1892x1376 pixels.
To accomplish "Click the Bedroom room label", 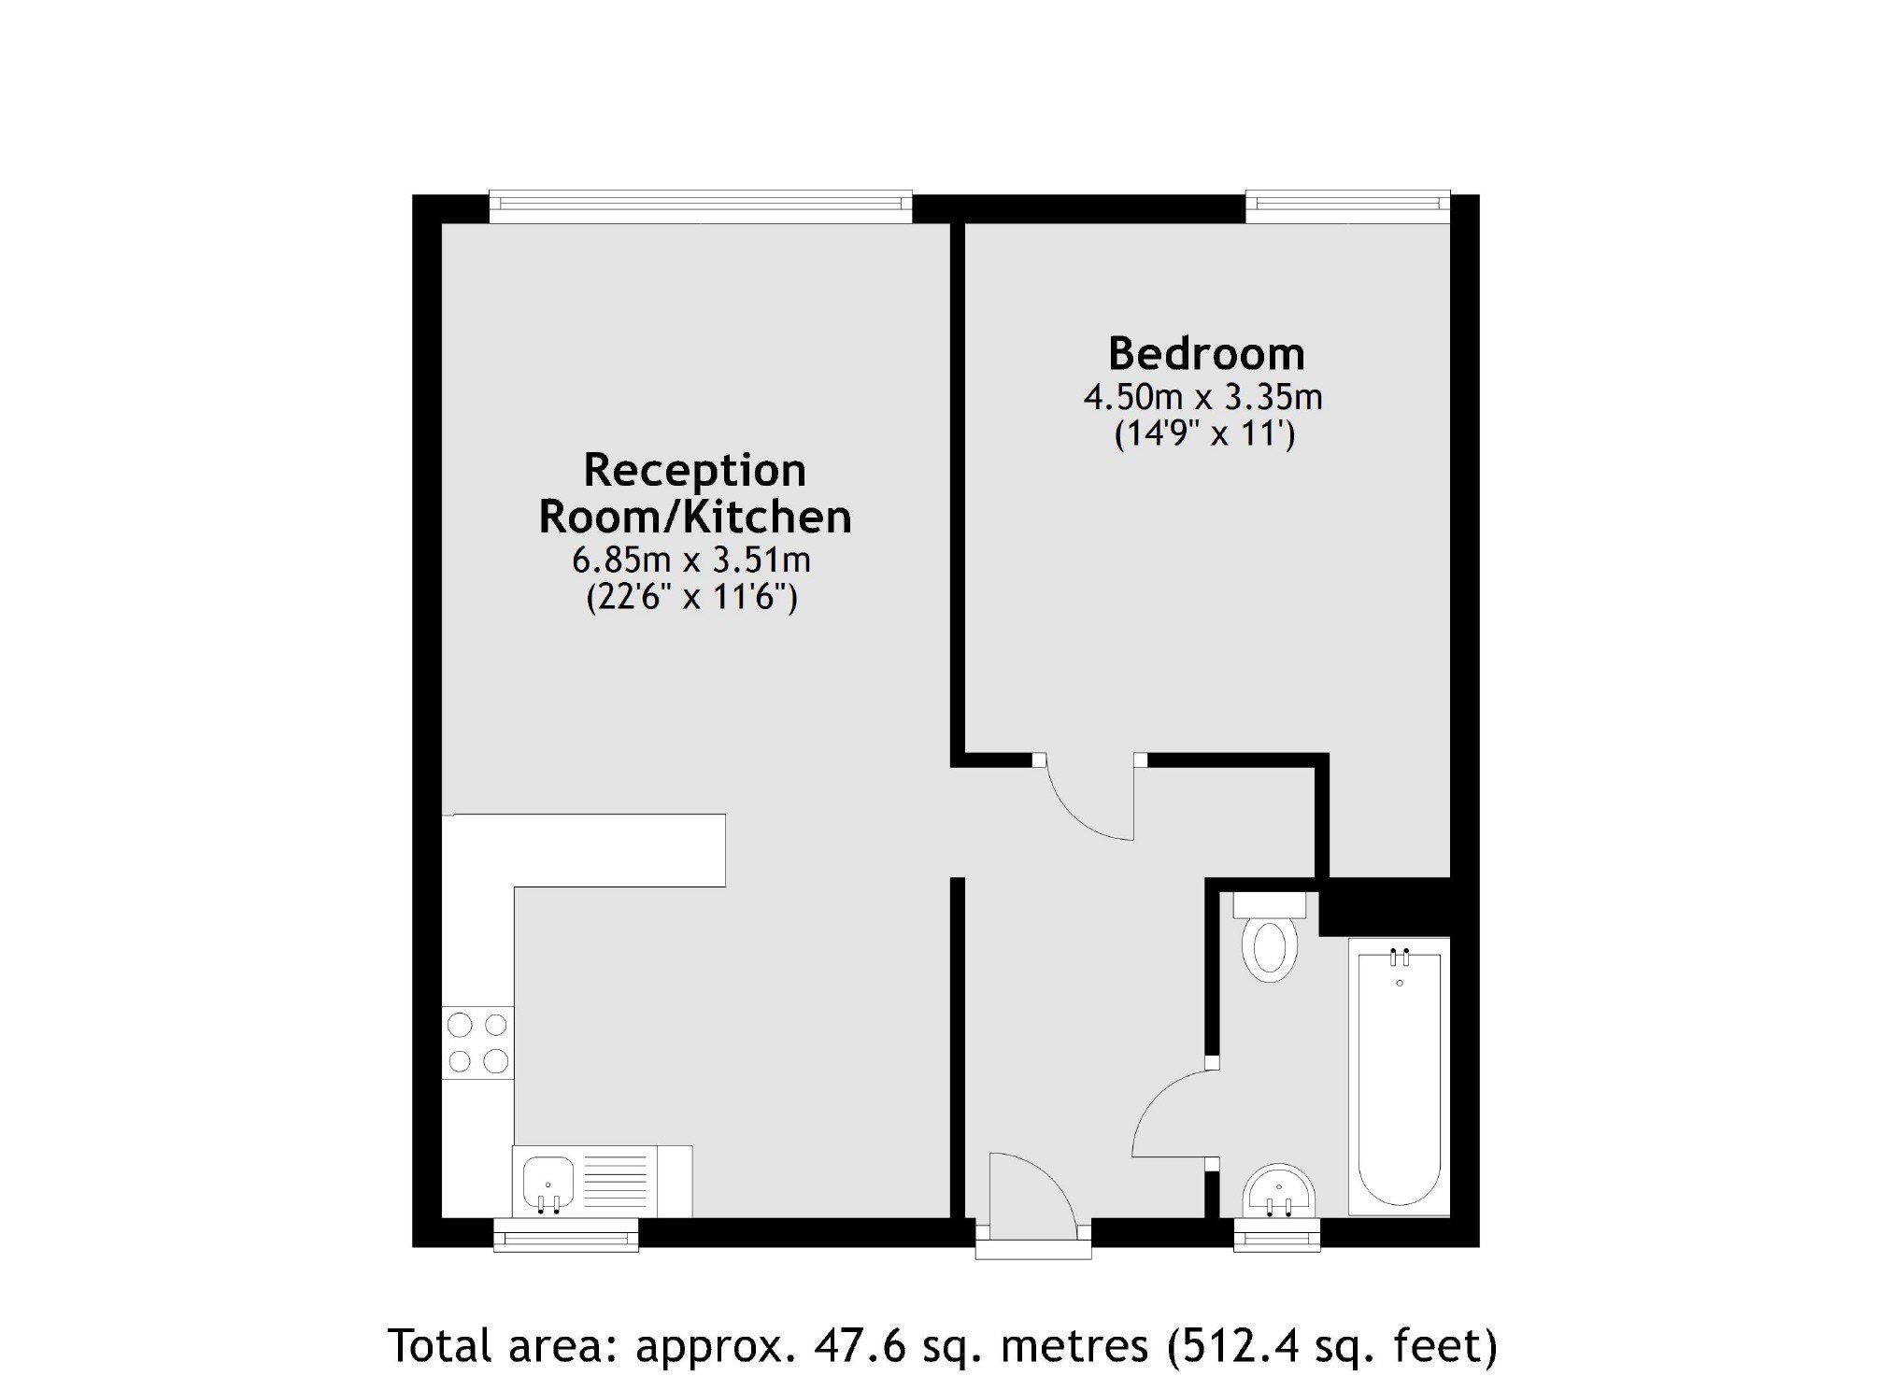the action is [x=1206, y=354].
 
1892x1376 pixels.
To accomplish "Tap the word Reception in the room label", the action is [x=694, y=471].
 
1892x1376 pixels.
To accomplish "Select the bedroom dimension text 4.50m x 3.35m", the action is [x=1203, y=398].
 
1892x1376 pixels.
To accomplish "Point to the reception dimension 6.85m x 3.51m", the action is [x=691, y=560].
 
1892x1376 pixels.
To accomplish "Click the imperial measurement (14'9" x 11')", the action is [x=1205, y=435].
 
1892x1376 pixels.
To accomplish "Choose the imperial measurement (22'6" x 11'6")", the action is [x=691, y=597].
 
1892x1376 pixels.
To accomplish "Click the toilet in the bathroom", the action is [x=1270, y=936].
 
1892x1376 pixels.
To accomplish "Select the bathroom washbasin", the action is [x=1279, y=1192].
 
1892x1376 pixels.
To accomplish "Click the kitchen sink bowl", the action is [x=548, y=1183].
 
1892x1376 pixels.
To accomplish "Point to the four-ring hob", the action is [x=477, y=1043].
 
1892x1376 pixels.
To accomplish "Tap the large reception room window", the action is [x=701, y=206].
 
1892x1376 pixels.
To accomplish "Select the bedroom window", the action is [x=1347, y=206].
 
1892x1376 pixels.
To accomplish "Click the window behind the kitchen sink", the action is [x=566, y=1234].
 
